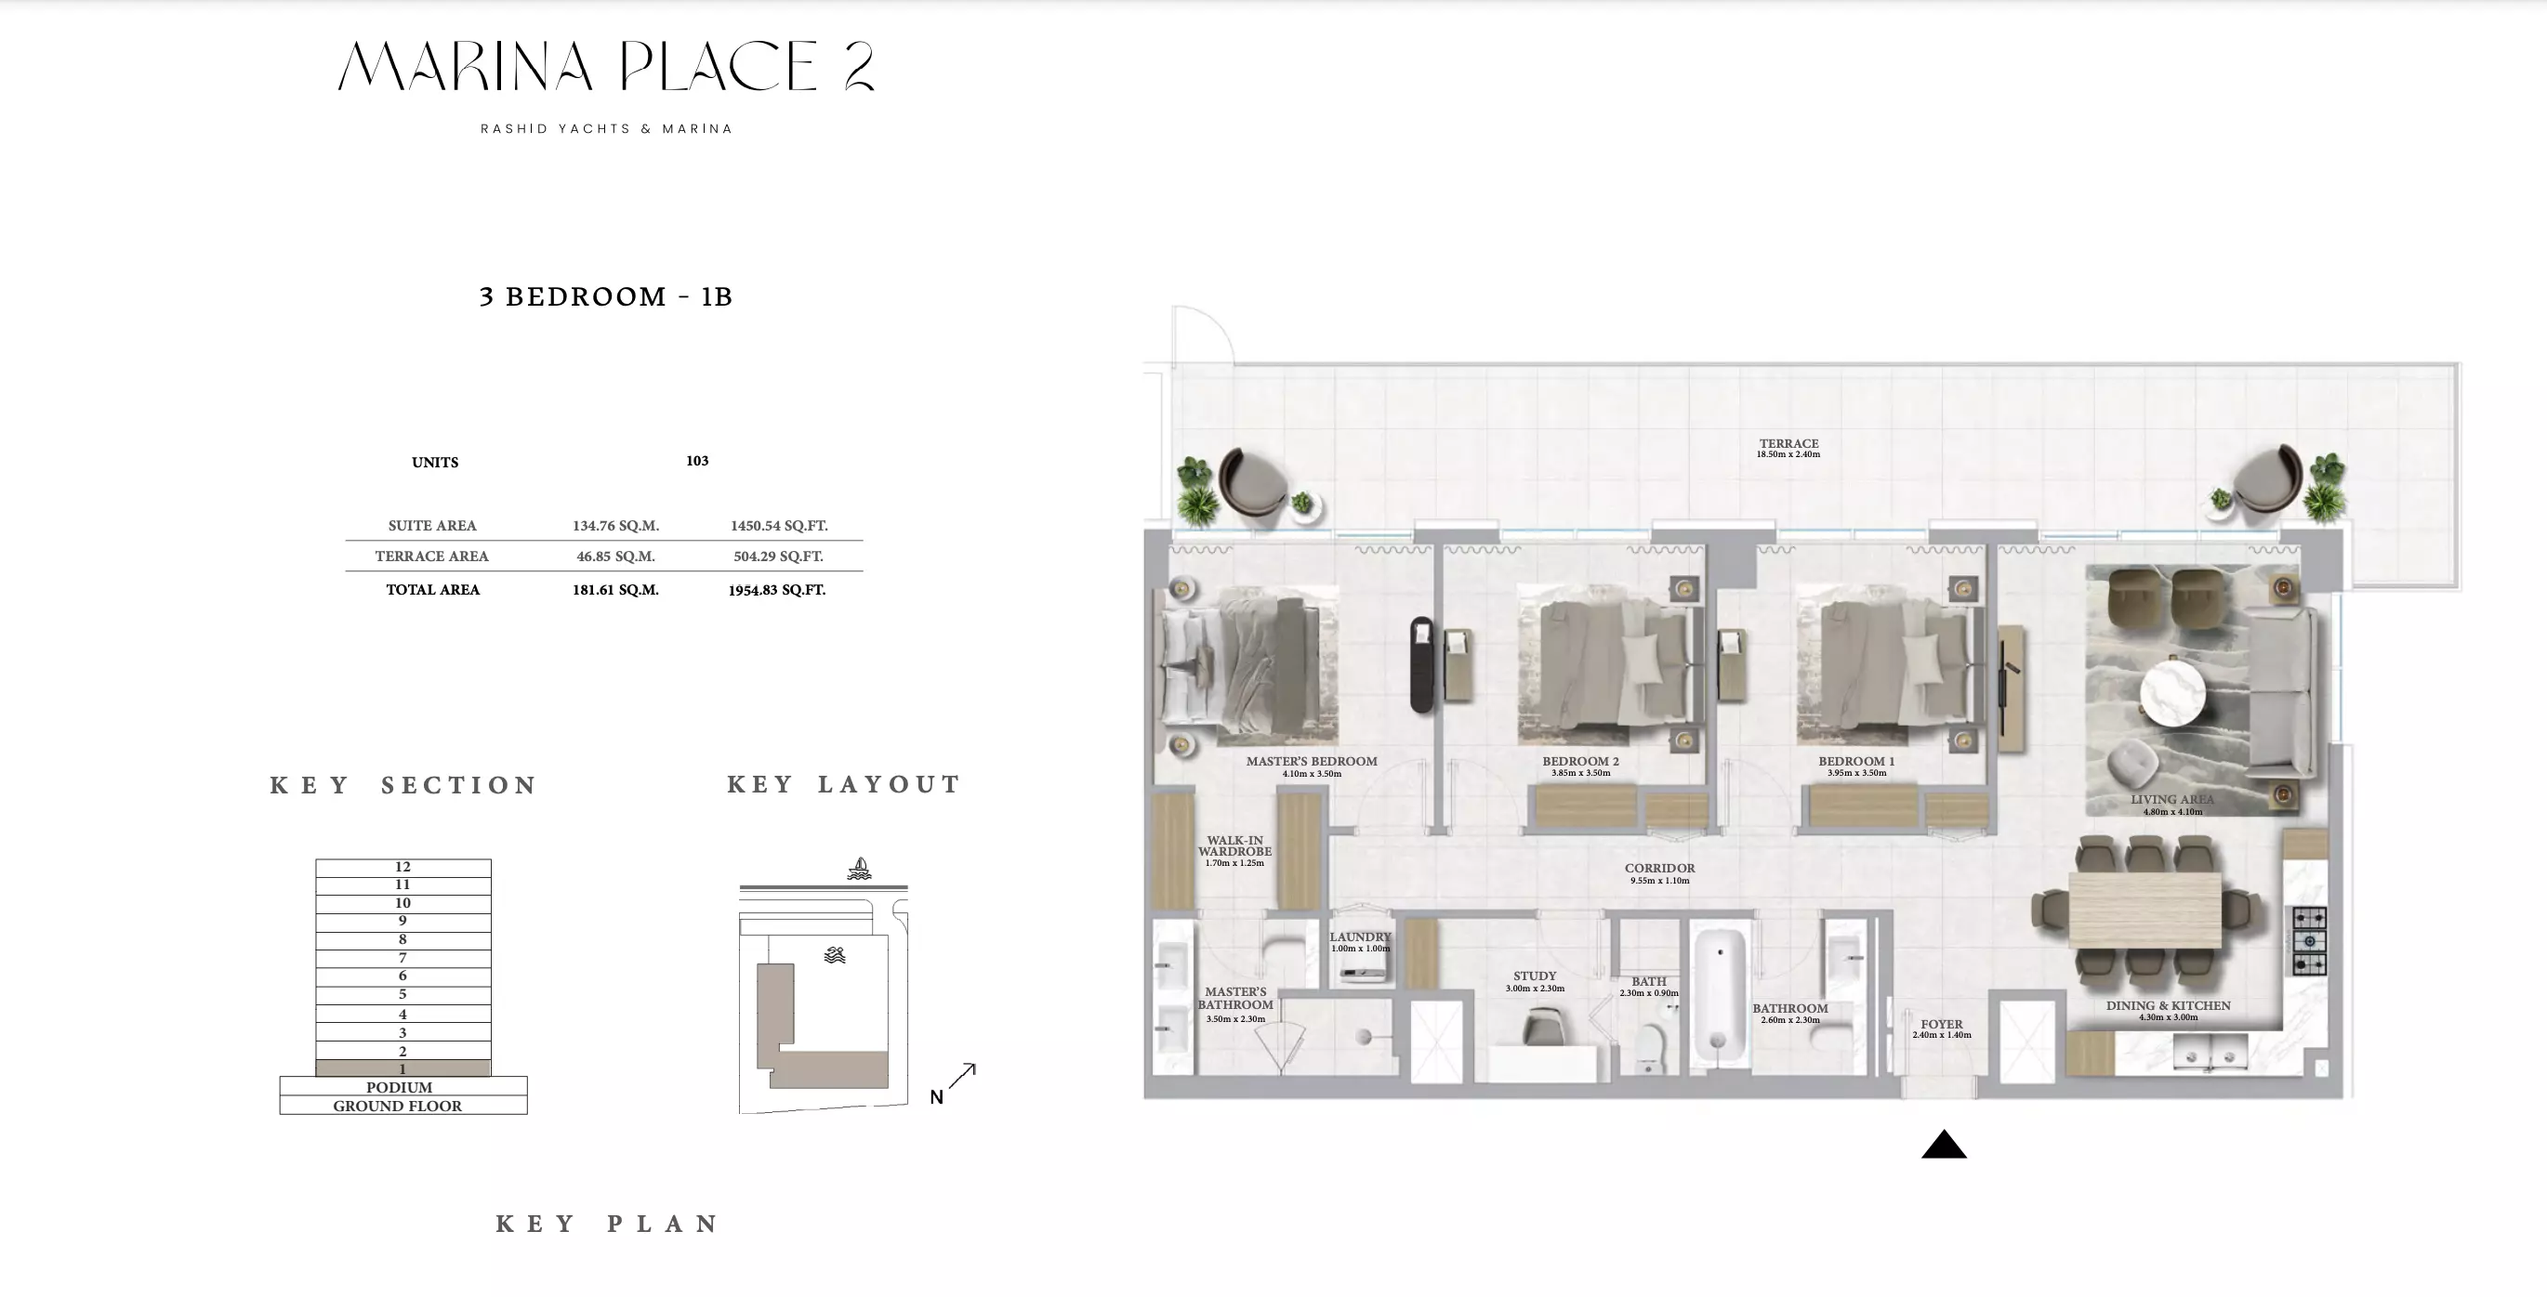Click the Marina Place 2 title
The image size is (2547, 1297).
click(606, 66)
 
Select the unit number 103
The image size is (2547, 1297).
click(697, 461)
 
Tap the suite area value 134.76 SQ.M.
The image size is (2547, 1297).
click(615, 526)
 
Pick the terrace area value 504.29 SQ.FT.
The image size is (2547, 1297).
click(778, 557)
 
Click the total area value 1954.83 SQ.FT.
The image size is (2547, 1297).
click(777, 590)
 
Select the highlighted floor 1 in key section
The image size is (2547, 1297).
click(403, 1068)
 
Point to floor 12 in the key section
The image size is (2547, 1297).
click(403, 867)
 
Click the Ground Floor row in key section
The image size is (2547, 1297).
click(403, 1106)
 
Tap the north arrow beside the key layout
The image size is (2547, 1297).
click(962, 1077)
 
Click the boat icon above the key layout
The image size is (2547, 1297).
click(859, 869)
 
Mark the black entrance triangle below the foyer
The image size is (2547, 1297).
click(1944, 1144)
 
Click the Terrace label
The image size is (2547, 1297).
click(1788, 444)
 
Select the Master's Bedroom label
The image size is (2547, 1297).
click(1311, 761)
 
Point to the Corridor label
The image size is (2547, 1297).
click(1659, 868)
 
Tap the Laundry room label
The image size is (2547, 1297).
click(1360, 937)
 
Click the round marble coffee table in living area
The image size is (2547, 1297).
click(2172, 693)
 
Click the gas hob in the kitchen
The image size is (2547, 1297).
click(2310, 942)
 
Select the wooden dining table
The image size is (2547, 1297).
click(2144, 910)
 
